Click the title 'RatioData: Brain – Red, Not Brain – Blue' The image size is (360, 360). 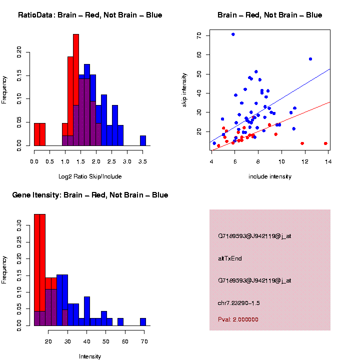[x=90, y=15]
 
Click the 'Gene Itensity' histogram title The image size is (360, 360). [x=90, y=195]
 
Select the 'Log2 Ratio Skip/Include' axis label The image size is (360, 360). [x=89, y=176]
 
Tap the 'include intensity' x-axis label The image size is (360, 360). [x=270, y=176]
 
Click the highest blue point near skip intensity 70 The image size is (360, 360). [x=233, y=34]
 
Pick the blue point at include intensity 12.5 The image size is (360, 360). [x=310, y=59]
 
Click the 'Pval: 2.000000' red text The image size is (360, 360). [x=238, y=319]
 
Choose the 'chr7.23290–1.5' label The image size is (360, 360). [x=239, y=303]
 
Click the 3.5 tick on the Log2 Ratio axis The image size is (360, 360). [x=143, y=162]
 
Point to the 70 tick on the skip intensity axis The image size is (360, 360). [x=199, y=35]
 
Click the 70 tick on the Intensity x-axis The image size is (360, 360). [x=144, y=342]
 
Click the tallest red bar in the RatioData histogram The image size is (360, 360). [x=76, y=90]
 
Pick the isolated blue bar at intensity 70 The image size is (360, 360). [x=143, y=321]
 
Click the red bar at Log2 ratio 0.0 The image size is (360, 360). [x=37, y=134]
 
